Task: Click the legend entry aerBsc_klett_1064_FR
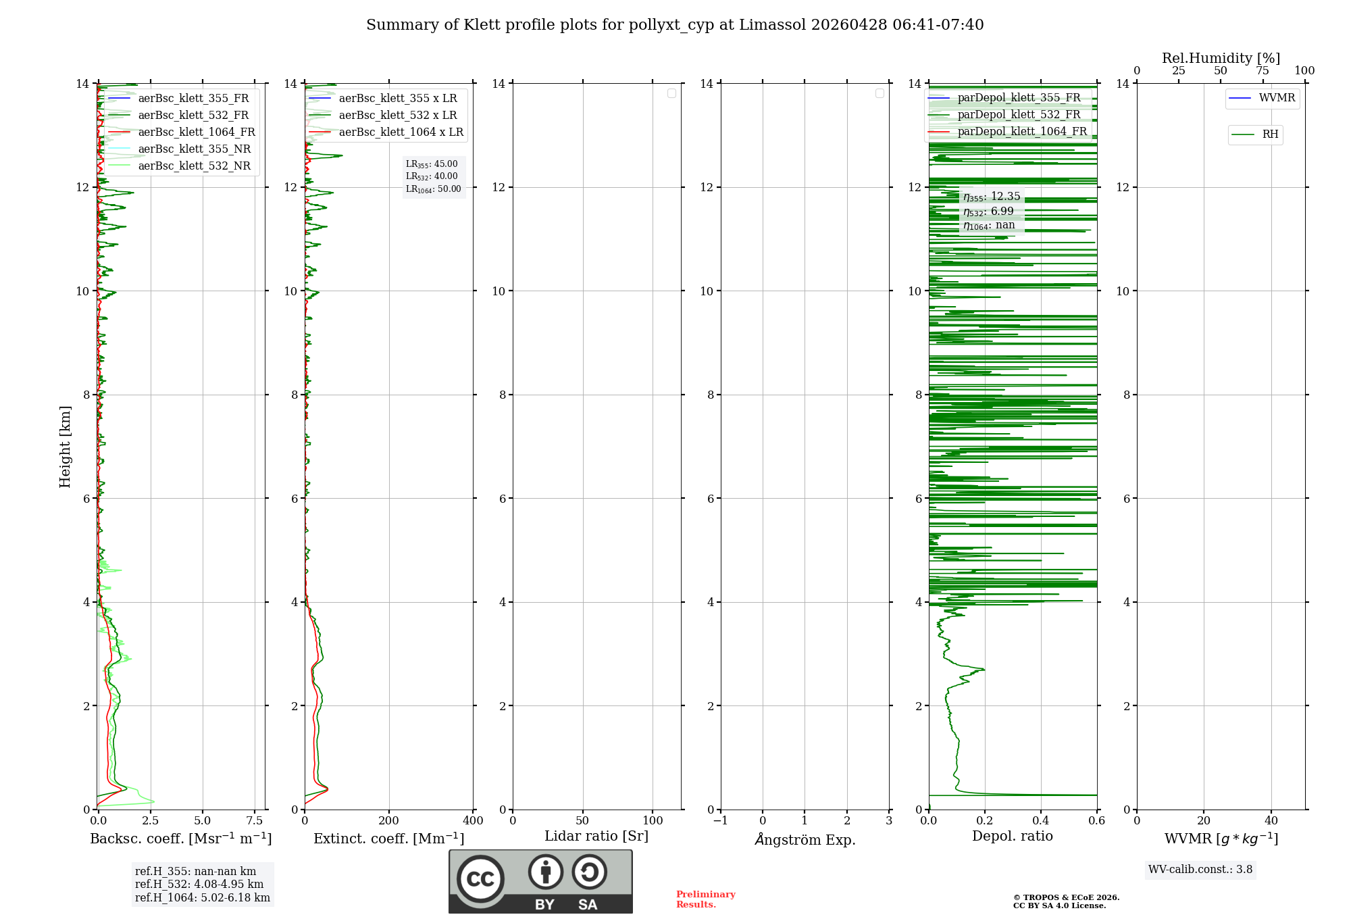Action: point(197,132)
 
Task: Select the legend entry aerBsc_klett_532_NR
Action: point(194,166)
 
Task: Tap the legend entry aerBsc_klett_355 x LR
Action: point(398,99)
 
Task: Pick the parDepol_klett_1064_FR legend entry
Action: point(1022,132)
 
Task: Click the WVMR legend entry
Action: point(1277,98)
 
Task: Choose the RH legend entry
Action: point(1270,134)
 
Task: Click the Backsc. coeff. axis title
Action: point(180,839)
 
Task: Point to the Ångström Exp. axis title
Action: point(805,840)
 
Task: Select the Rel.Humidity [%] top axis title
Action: point(1221,58)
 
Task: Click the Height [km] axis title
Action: point(65,447)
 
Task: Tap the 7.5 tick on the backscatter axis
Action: point(255,821)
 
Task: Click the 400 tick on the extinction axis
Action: point(473,821)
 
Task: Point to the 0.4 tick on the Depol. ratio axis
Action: point(1041,821)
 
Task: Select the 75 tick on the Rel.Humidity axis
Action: point(1262,71)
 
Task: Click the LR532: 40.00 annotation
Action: point(432,176)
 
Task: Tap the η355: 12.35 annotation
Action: point(992,197)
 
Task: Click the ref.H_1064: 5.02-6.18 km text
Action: point(203,898)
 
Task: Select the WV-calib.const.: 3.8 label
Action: point(1200,870)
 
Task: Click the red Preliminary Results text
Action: point(705,899)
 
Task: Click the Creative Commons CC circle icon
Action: point(480,879)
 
